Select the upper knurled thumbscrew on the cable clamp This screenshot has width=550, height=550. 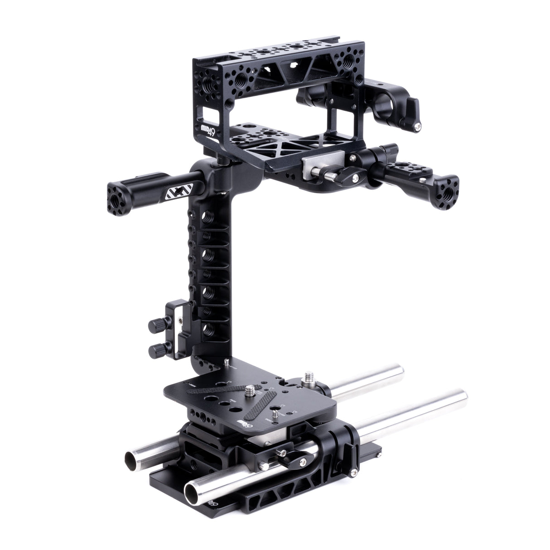pyautogui.click(x=154, y=324)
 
